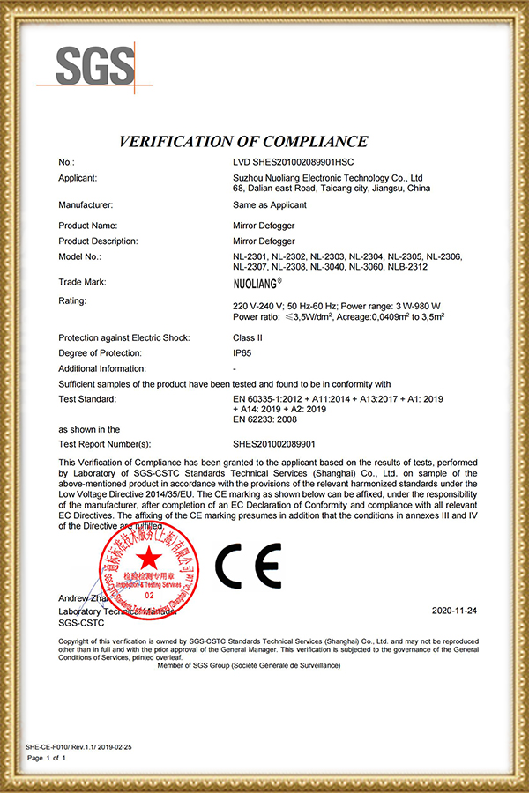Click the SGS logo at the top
[x=96, y=66]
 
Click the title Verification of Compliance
[x=242, y=141]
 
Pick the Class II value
[x=247, y=337]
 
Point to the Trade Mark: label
[x=82, y=282]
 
